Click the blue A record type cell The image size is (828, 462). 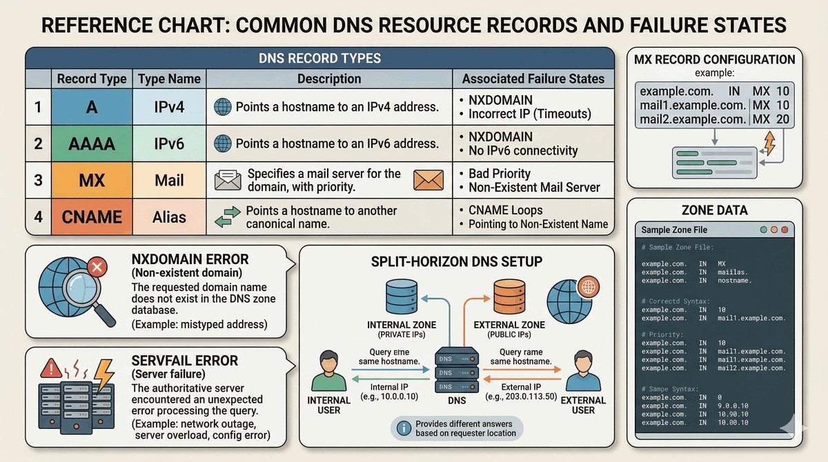[x=91, y=107]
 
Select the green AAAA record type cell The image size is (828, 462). [x=91, y=143]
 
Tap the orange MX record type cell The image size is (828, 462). [x=91, y=180]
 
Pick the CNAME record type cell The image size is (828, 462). [x=91, y=217]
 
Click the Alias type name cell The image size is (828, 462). [x=169, y=217]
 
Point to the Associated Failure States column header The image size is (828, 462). [x=533, y=79]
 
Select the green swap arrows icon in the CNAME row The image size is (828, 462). [x=228, y=217]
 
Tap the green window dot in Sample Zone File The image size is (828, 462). [x=763, y=229]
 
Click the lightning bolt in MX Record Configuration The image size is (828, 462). [x=770, y=143]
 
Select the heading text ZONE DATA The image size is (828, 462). [x=714, y=210]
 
